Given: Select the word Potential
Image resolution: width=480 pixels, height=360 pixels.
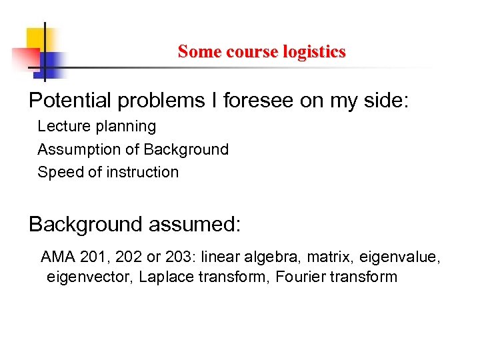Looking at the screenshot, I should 70,101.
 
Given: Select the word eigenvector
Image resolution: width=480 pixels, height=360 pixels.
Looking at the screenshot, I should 91,277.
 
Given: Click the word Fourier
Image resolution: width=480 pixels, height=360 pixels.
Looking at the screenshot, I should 296,277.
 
